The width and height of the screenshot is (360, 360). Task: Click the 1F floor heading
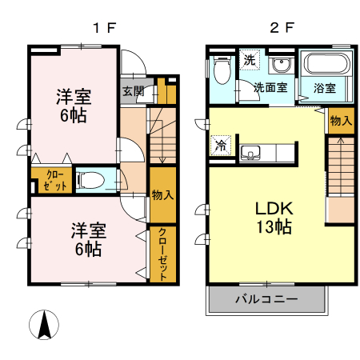[x=105, y=27]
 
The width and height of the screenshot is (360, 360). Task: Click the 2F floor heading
[x=281, y=27]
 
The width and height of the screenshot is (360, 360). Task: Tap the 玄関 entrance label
[x=133, y=90]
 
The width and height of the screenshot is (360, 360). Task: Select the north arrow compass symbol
[x=46, y=325]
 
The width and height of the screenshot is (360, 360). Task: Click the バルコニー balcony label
[x=266, y=299]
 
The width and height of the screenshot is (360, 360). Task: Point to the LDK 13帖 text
[x=273, y=217]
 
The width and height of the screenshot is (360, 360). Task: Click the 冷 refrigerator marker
[x=218, y=146]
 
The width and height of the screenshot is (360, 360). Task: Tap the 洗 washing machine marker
[x=249, y=59]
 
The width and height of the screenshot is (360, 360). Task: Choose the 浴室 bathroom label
[x=324, y=88]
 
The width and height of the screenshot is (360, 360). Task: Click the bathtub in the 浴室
[x=323, y=63]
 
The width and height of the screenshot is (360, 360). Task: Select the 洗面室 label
[x=271, y=88]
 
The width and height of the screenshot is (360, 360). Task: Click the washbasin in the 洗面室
[x=279, y=66]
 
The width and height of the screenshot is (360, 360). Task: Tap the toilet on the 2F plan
[x=222, y=71]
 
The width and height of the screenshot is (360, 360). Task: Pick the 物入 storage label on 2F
[x=340, y=121]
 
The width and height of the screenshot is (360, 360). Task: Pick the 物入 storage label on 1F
[x=162, y=194]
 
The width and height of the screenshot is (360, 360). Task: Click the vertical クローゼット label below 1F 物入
[x=162, y=253]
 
